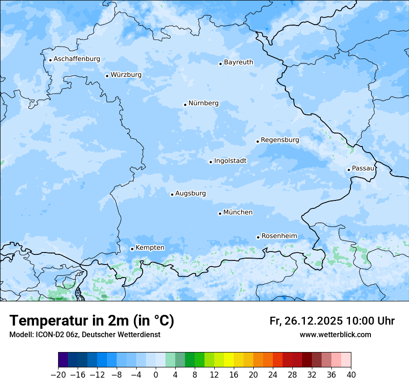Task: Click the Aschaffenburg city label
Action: coord(77,59)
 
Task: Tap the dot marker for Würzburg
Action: coord(107,76)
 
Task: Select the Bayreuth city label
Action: coord(238,62)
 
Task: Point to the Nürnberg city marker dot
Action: coord(185,105)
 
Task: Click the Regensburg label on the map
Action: coord(280,140)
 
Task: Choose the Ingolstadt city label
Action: coord(230,161)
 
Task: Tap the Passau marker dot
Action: coord(349,170)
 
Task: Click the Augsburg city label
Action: coord(191,193)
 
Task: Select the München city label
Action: coord(238,212)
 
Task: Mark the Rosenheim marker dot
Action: coord(258,237)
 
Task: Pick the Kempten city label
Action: coord(150,247)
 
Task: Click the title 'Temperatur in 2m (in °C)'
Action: coord(92,321)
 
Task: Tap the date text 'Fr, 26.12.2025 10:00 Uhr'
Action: coord(332,321)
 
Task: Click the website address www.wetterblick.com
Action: coord(335,334)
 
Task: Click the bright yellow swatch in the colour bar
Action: coord(229,360)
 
